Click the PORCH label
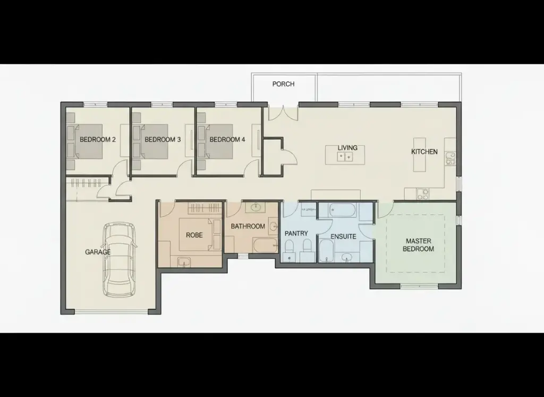tap(283, 84)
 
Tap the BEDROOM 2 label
tap(98, 139)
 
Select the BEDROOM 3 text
tap(163, 139)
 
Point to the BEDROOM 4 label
tap(227, 139)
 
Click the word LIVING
tap(347, 148)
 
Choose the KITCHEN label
tap(424, 151)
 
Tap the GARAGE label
tap(98, 252)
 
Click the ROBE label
tap(194, 235)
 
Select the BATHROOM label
tap(248, 226)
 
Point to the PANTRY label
tap(296, 233)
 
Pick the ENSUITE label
tap(343, 236)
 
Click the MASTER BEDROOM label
tap(419, 245)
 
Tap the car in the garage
tap(119, 259)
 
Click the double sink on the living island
tap(345, 157)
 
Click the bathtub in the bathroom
tap(266, 246)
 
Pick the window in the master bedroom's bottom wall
tap(419, 286)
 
